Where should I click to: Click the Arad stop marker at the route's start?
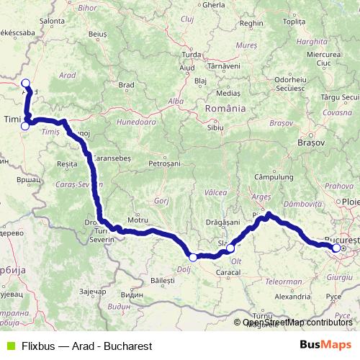tap(26, 83)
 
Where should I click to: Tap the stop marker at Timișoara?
tap(25, 126)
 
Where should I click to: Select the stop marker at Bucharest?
tap(336, 248)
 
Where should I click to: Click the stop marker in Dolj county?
tap(193, 257)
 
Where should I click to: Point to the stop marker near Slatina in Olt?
tap(230, 249)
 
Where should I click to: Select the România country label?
tap(225, 108)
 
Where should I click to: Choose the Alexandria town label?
tap(292, 296)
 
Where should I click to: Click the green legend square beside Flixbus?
tap(10, 346)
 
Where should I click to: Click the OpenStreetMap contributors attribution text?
tap(297, 323)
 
